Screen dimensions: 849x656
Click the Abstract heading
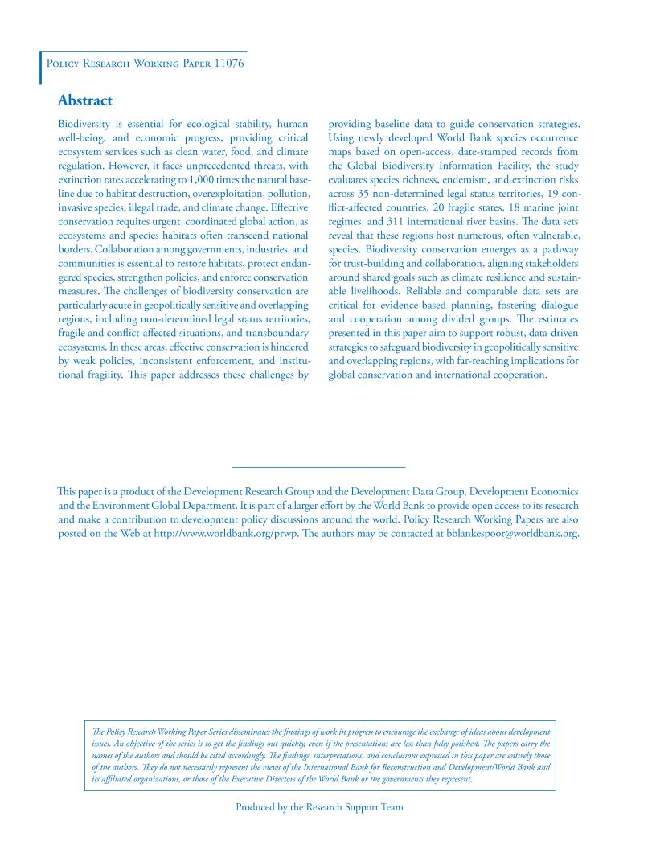(84, 101)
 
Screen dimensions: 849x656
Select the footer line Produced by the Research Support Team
(319, 807)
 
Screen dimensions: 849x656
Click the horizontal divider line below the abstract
(318, 467)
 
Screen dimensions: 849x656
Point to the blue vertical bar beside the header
(40, 68)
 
